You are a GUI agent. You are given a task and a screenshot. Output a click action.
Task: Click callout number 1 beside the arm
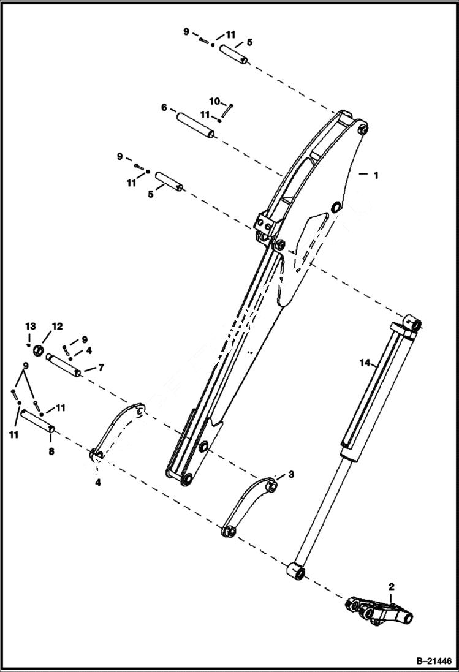click(x=376, y=175)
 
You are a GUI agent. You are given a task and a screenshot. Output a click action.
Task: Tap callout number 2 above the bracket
click(x=391, y=586)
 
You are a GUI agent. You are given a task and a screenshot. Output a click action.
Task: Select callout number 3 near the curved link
click(x=291, y=475)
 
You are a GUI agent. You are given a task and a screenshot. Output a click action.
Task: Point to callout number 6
click(x=164, y=107)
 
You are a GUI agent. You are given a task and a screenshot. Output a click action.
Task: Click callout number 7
click(x=101, y=368)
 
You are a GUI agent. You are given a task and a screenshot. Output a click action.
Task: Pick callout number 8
click(x=51, y=452)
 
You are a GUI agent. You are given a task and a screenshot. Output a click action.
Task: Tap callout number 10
click(x=214, y=100)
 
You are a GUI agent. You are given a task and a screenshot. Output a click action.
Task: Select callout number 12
click(x=56, y=327)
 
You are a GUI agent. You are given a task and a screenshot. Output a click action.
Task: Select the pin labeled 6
click(x=195, y=124)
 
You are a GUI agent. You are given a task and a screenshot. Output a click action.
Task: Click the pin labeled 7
click(x=64, y=364)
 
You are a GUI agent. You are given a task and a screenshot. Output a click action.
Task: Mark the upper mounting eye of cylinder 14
click(x=411, y=323)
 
